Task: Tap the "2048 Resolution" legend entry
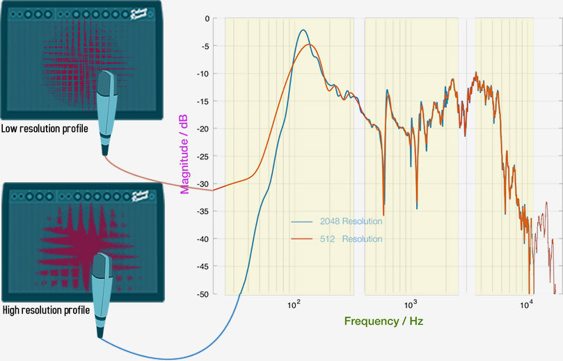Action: pyautogui.click(x=351, y=221)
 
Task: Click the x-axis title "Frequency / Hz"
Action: pyautogui.click(x=383, y=321)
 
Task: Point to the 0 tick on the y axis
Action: pyautogui.click(x=207, y=19)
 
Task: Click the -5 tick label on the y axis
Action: pyautogui.click(x=205, y=47)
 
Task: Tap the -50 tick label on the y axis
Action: pyautogui.click(x=203, y=294)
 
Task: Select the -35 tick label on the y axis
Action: pyautogui.click(x=203, y=211)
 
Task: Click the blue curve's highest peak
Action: pyautogui.click(x=303, y=30)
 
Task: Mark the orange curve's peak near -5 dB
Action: pyautogui.click(x=310, y=45)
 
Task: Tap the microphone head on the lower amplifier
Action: pyautogui.click(x=101, y=268)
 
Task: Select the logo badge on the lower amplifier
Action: pyautogui.click(x=141, y=197)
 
